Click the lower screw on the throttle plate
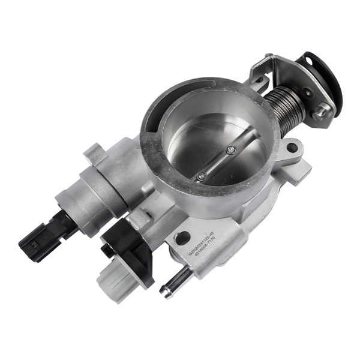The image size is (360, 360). [x=202, y=176]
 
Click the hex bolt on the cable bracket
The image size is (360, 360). [x=322, y=110]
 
